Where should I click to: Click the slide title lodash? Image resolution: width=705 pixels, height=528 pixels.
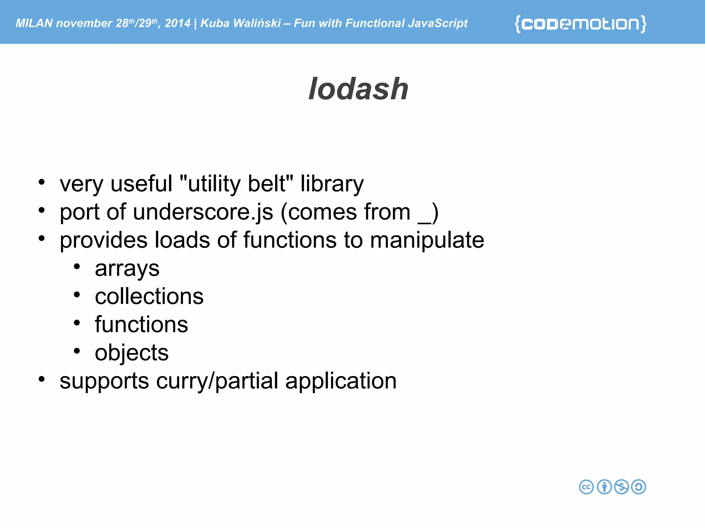tap(358, 89)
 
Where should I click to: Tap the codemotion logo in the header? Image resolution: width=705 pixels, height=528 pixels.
tap(580, 24)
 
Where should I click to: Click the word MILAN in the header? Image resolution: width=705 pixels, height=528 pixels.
tap(34, 23)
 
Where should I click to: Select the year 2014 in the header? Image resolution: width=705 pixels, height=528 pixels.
tap(177, 23)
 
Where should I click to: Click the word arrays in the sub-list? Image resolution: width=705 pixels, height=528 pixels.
tap(127, 268)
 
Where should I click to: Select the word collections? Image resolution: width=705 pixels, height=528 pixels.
tap(149, 296)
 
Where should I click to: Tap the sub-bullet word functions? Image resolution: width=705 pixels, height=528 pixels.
tap(141, 324)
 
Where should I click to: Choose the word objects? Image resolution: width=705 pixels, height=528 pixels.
tap(131, 353)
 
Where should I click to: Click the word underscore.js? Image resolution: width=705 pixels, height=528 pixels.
tap(203, 212)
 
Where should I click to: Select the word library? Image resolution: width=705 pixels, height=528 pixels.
tap(332, 184)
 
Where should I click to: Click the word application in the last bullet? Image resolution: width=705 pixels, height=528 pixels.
tap(341, 381)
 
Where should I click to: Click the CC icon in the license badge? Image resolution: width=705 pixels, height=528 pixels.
tap(586, 487)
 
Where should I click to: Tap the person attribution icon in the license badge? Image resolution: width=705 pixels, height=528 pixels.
tap(604, 487)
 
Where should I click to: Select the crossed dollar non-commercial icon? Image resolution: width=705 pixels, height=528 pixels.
tap(621, 487)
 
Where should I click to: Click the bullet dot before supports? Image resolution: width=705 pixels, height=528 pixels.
tap(42, 379)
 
